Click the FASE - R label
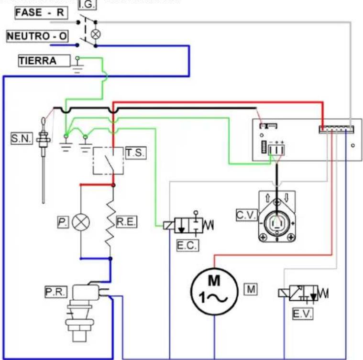(41, 13)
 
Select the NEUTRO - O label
(37, 36)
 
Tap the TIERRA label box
(44, 61)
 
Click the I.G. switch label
(87, 5)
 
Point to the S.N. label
(22, 138)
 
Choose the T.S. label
(136, 153)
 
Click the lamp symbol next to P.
(81, 222)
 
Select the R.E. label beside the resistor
(126, 222)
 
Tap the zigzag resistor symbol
(110, 224)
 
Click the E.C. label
(187, 245)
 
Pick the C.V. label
(247, 215)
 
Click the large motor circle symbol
(214, 291)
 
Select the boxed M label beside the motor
(251, 289)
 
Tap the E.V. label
(303, 314)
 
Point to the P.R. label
(56, 292)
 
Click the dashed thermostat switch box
(108, 161)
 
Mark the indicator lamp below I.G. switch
(96, 34)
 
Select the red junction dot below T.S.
(113, 185)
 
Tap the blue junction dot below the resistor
(110, 259)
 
